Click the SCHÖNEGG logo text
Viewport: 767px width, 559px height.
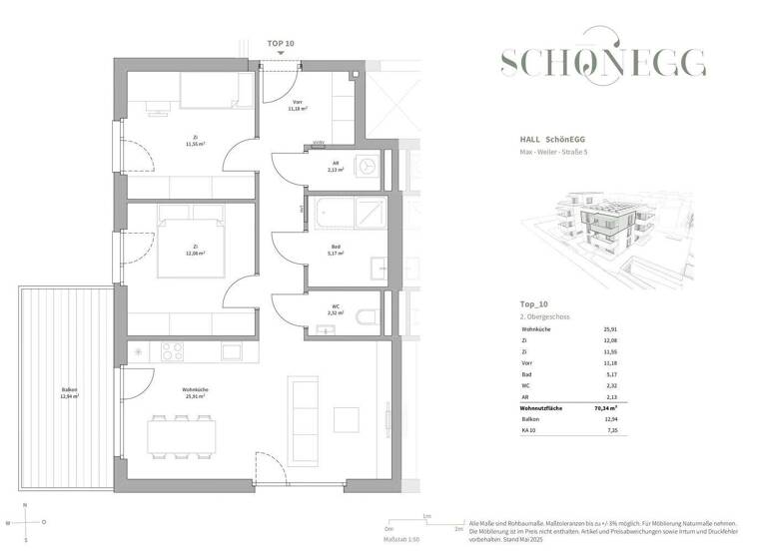click(x=604, y=63)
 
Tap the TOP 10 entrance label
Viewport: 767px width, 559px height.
click(x=281, y=44)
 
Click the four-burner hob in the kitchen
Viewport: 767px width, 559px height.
click(x=171, y=351)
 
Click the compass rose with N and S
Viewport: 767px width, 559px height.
click(x=28, y=522)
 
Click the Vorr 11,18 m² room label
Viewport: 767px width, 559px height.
click(x=297, y=105)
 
